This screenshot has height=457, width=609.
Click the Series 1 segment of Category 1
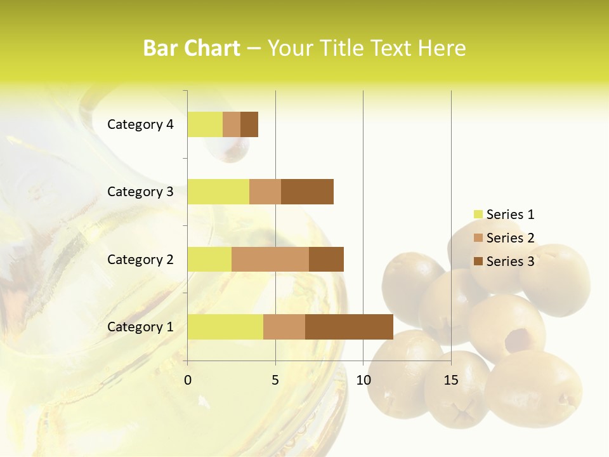(225, 327)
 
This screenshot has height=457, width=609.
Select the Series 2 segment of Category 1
(284, 327)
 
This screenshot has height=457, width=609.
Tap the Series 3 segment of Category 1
(349, 327)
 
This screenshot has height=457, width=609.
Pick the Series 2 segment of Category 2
(270, 259)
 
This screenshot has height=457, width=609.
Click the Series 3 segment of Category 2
(326, 259)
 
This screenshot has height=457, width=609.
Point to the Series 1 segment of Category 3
(218, 192)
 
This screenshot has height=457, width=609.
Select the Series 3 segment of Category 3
(307, 192)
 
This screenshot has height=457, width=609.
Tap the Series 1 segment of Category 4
(205, 124)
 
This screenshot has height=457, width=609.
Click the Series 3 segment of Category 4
(249, 124)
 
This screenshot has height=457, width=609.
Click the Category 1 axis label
(140, 327)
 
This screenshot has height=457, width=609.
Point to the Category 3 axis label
(140, 192)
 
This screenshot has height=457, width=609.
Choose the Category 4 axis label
(140, 124)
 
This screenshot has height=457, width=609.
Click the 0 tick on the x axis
(188, 380)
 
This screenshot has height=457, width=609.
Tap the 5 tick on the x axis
(275, 380)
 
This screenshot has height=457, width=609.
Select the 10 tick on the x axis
(363, 380)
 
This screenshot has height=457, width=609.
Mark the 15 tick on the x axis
(451, 380)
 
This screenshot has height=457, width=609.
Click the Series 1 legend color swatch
(478, 215)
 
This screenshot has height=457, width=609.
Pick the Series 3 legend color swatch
(478, 262)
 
